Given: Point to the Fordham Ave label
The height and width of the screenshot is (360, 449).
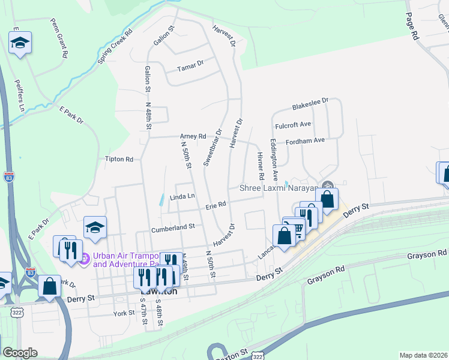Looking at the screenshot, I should [x=306, y=140].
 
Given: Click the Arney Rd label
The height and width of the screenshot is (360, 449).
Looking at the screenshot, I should [x=193, y=136].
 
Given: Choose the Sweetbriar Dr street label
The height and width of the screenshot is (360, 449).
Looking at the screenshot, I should [x=212, y=147].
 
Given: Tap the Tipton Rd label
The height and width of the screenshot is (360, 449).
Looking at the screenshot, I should [x=119, y=159].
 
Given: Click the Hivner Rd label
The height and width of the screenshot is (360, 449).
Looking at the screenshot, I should [x=261, y=166].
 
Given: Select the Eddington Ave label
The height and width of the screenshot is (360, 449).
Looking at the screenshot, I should [x=274, y=160].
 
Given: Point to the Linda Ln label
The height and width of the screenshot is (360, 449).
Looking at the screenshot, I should [x=182, y=196].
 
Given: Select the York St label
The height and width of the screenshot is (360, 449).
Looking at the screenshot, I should [x=122, y=314].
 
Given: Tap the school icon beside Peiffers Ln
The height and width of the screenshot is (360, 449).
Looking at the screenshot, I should [x=20, y=43].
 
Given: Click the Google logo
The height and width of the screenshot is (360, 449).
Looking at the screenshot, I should [x=20, y=353].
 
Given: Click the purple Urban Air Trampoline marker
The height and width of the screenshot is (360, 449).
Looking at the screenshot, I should [x=85, y=259].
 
